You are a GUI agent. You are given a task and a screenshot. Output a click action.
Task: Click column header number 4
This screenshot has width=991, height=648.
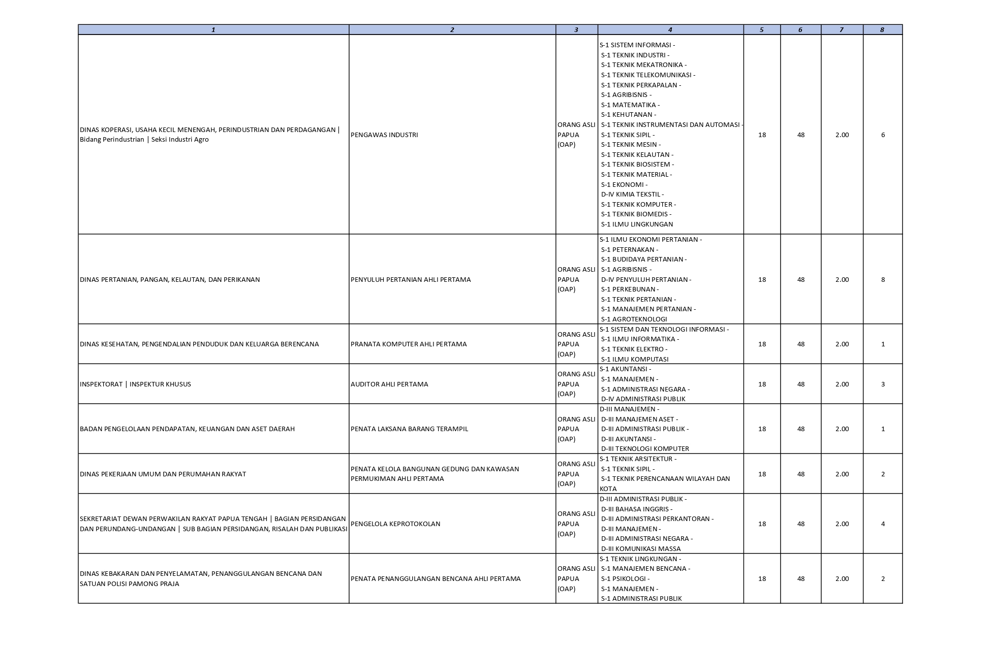(670, 30)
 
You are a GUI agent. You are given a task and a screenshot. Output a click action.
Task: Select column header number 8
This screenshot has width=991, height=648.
(882, 30)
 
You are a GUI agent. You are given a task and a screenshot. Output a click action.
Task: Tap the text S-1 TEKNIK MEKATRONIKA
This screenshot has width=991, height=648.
(643, 65)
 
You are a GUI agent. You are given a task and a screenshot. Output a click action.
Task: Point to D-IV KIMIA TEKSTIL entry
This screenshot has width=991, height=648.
(632, 195)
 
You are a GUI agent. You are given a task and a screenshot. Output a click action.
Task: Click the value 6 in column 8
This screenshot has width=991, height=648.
(883, 135)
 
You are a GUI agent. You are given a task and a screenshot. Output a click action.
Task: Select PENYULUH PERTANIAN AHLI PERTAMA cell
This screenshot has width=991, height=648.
(411, 280)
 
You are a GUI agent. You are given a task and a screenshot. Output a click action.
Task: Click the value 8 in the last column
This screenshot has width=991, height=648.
(883, 280)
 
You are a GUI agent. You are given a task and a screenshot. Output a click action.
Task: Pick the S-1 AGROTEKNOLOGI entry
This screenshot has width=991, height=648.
(634, 319)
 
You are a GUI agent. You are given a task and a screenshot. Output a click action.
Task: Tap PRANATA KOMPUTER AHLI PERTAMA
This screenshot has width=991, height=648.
(409, 344)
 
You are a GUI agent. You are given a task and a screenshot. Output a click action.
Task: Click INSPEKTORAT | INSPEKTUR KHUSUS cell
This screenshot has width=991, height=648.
(135, 384)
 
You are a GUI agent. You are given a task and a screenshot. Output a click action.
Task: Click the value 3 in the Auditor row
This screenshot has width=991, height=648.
(883, 384)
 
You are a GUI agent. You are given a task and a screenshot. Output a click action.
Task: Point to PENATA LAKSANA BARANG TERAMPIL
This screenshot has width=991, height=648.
(409, 429)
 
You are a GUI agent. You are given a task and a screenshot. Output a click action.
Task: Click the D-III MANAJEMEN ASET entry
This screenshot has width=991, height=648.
(639, 419)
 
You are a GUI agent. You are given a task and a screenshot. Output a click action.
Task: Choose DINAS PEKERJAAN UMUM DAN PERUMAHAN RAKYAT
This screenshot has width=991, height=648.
(163, 474)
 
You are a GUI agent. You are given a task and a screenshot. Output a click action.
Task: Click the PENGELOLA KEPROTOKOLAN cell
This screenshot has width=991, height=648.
(395, 524)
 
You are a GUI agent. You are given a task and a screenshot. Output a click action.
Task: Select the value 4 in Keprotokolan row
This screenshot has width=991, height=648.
(883, 524)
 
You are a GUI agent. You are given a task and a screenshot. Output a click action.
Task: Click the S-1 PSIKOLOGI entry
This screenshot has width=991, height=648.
(625, 579)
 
